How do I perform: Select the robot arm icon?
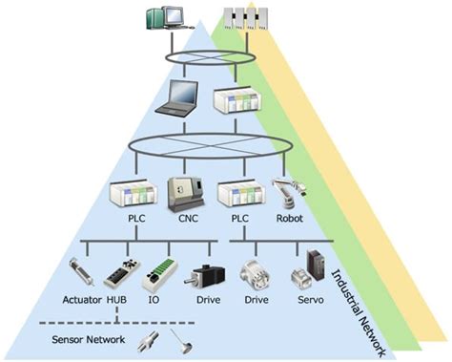point(286,194)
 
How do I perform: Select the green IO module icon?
point(159,272)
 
